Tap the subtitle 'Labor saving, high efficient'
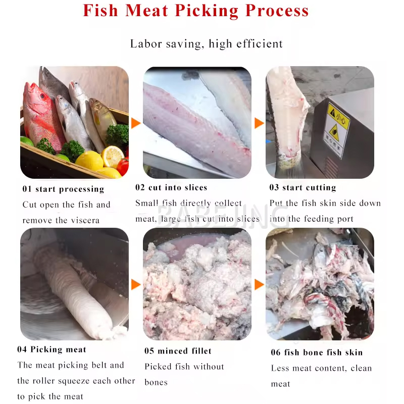[207, 44]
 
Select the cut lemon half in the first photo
[112, 157]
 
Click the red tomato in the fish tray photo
[123, 166]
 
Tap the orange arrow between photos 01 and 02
[136, 123]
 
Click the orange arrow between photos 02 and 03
[259, 123]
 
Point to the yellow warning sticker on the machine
[336, 130]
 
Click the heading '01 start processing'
[64, 189]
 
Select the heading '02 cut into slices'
[171, 187]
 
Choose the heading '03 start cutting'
[302, 187]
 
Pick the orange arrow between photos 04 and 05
[136, 284]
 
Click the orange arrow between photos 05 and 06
[259, 284]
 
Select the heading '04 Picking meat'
[52, 349]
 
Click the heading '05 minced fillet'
[178, 350]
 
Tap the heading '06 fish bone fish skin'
[317, 352]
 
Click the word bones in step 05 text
[156, 382]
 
